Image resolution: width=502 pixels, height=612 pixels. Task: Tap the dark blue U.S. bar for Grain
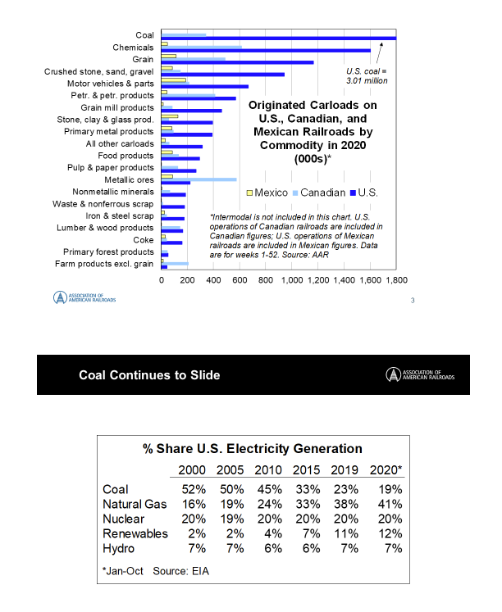[x=237, y=62]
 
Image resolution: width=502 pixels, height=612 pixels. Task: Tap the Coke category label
[x=143, y=240]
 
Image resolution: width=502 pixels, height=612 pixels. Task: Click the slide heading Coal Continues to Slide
[x=149, y=375]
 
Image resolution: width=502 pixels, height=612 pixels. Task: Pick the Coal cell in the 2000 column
[x=193, y=489]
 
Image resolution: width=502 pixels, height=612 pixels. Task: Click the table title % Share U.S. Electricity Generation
[x=251, y=448]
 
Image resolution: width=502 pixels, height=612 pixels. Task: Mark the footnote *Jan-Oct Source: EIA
[x=156, y=571]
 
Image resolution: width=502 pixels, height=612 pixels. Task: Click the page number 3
[x=412, y=300]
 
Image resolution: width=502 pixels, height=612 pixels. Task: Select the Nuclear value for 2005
[x=231, y=519]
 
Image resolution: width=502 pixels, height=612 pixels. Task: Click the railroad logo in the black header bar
[x=419, y=375]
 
